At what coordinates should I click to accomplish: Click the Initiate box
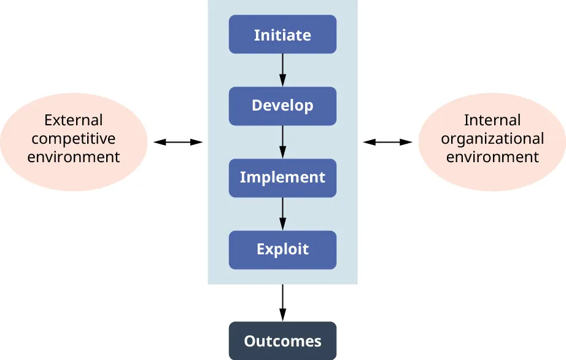282,34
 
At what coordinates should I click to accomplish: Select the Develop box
282,106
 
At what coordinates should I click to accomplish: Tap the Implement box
282,178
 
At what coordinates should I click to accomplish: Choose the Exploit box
282,249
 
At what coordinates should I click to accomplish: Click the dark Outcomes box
282,340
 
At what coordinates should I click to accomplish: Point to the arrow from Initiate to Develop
282,69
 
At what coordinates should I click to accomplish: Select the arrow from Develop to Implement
282,141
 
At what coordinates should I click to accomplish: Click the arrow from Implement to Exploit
282,213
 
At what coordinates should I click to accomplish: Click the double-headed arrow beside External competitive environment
177,142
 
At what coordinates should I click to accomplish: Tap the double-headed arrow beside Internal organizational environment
387,142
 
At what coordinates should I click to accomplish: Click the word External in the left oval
73,120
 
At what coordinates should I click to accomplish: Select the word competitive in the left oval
73,138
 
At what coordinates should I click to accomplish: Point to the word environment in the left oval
73,157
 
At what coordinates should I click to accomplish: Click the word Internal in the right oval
492,120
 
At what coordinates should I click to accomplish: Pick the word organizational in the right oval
492,138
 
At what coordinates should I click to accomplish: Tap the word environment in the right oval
492,157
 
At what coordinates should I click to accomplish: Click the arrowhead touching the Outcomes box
282,315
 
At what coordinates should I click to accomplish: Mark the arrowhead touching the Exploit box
282,224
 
